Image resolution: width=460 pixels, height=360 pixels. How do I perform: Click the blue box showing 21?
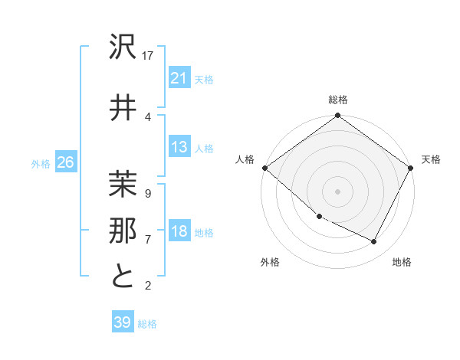click(x=179, y=78)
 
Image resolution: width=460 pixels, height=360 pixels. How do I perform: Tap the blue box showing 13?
click(x=179, y=148)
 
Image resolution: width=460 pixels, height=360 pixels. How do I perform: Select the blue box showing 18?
click(x=179, y=232)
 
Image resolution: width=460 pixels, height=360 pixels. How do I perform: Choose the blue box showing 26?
click(x=65, y=162)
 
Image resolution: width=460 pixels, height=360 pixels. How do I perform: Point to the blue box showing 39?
click(x=122, y=322)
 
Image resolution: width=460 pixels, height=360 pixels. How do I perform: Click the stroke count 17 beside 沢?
click(x=149, y=56)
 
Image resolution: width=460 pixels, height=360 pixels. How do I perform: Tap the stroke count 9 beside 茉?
click(x=147, y=194)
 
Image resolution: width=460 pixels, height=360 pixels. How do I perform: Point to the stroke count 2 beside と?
click(x=147, y=286)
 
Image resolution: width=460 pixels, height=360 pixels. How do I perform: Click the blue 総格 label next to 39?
click(x=147, y=324)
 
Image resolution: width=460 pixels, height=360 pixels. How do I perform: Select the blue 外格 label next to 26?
click(x=40, y=164)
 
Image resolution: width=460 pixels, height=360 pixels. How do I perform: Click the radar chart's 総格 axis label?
click(x=337, y=100)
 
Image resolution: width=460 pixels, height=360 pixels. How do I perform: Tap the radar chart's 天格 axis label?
click(x=431, y=159)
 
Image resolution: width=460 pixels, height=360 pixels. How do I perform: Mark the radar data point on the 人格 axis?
click(x=264, y=168)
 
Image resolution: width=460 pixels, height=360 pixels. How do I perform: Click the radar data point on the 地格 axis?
click(x=374, y=242)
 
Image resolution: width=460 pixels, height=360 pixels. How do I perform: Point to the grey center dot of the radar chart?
click(x=337, y=191)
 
